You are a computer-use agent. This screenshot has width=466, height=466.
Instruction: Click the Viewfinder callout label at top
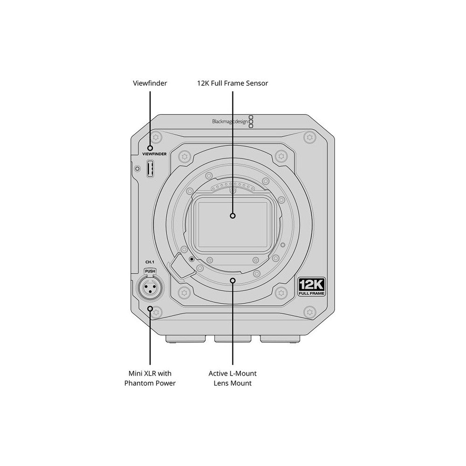pyautogui.click(x=150, y=83)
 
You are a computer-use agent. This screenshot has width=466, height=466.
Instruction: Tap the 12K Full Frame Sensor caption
pyautogui.click(x=233, y=83)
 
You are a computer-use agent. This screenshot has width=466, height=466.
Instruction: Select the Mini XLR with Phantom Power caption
pyautogui.click(x=150, y=378)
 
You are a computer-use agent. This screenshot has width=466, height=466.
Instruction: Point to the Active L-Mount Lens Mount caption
pyautogui.click(x=233, y=378)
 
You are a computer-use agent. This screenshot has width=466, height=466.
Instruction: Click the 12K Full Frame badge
pyautogui.click(x=312, y=287)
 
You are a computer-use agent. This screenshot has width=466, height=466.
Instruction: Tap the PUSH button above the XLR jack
pyautogui.click(x=150, y=271)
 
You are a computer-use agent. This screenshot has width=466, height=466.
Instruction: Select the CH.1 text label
pyautogui.click(x=150, y=262)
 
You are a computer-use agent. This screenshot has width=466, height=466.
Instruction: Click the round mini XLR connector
pyautogui.click(x=150, y=288)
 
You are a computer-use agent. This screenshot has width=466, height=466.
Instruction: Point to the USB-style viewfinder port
pyautogui.click(x=150, y=169)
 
